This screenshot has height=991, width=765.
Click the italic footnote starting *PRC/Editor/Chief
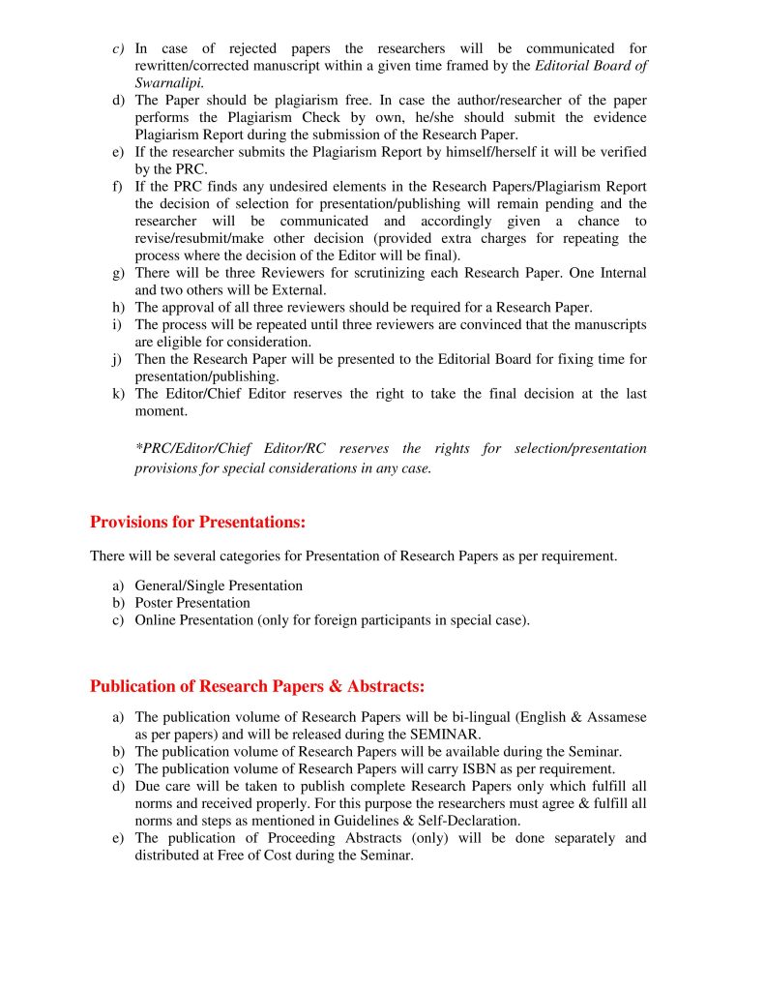coord(391,459)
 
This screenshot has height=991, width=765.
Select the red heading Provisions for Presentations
coord(197,523)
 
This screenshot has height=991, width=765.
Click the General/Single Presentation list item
coord(219,586)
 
